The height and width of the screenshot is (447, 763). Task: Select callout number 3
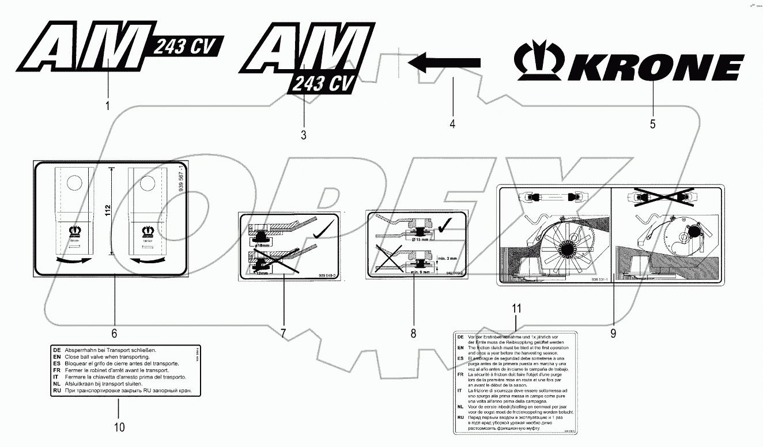pos(303,135)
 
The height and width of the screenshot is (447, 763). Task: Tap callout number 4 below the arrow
pos(452,123)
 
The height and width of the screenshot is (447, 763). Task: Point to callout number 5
pos(652,123)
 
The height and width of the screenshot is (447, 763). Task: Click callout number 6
pos(114,333)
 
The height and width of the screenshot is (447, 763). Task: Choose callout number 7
pos(283,333)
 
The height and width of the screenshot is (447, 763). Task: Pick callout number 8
pos(413,333)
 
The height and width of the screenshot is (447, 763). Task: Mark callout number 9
pos(613,332)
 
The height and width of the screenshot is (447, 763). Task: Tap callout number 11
pos(516,308)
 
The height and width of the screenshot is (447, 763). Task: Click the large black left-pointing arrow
pos(444,62)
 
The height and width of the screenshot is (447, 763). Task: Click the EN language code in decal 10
pos(56,357)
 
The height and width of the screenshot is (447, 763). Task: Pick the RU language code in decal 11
pos(460,416)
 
